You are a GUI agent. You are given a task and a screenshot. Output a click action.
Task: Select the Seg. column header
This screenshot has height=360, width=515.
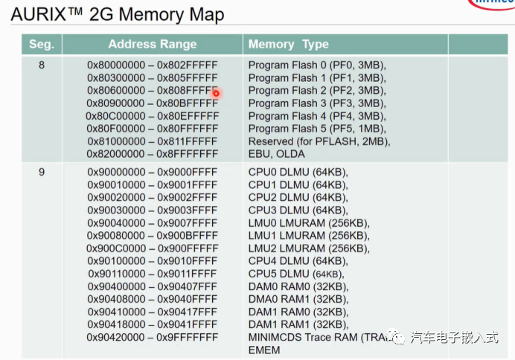coord(41,45)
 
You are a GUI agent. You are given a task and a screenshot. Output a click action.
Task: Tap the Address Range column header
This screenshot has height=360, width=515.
coord(153,45)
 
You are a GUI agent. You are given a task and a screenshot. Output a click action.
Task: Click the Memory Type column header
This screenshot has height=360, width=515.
coord(288,45)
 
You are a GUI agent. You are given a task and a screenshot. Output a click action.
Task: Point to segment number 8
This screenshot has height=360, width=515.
coord(41,65)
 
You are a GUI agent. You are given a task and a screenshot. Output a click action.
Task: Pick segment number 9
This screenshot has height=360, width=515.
coord(41,172)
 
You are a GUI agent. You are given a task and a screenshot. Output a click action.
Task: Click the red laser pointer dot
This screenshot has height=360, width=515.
coord(216,93)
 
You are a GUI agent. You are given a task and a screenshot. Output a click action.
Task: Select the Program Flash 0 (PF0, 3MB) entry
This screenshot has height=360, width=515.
coord(317,65)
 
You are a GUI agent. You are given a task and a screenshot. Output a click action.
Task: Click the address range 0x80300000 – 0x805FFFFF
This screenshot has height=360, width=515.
coord(153,77)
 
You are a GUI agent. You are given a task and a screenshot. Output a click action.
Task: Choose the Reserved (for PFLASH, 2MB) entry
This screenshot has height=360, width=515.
coord(319,141)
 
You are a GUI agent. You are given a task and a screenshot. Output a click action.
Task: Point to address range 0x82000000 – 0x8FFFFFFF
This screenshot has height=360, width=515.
coord(153,154)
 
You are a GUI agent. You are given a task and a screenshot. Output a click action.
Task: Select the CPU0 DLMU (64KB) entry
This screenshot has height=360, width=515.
coord(298,172)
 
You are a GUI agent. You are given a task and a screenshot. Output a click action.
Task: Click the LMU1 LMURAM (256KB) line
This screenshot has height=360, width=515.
coord(308,235)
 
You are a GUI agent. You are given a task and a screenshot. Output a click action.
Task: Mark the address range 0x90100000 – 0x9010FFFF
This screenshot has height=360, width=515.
coord(153,260)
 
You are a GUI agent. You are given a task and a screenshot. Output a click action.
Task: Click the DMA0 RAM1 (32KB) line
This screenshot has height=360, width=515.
coord(298,299)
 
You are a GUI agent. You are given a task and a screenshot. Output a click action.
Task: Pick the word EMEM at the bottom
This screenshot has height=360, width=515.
coord(264,350)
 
